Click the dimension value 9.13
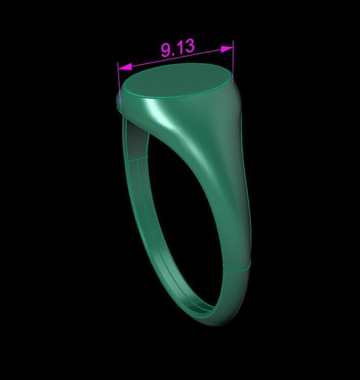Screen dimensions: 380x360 coord(178,48)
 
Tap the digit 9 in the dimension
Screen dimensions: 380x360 coord(167,50)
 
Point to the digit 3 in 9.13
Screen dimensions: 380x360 coord(188,46)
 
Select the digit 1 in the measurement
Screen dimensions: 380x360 coord(180,48)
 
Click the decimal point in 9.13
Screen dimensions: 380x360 coord(174,53)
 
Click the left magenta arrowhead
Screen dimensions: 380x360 coord(125,67)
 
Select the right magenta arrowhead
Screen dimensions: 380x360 coord(227,49)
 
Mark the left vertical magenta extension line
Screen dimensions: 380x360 coord(119,82)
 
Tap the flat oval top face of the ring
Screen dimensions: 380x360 coord(176,82)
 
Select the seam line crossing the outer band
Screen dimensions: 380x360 coord(237,266)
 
